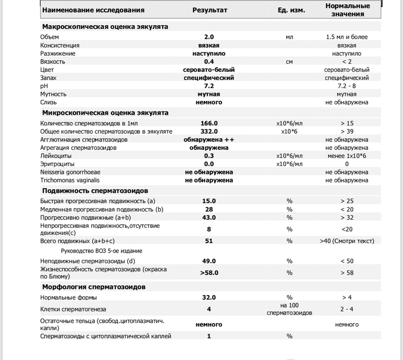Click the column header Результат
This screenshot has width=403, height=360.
(x=209, y=10)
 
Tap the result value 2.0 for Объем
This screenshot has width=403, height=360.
(x=209, y=37)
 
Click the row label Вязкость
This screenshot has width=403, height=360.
(x=53, y=61)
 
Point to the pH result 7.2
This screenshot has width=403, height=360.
(x=209, y=86)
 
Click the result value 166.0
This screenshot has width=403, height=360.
(x=209, y=124)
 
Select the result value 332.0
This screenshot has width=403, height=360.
(x=209, y=132)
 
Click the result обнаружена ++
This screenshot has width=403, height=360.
(x=209, y=140)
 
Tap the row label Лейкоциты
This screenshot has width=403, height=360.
(x=54, y=156)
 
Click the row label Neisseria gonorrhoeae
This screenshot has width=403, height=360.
(x=70, y=172)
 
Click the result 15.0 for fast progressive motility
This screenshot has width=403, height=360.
(x=209, y=201)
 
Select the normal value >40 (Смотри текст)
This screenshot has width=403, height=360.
(x=346, y=241)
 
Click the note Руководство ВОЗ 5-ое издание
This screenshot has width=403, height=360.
(x=101, y=251)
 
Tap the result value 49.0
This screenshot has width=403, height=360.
(x=209, y=261)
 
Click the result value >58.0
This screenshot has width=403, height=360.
(x=209, y=272)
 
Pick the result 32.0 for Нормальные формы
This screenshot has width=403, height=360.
(x=209, y=298)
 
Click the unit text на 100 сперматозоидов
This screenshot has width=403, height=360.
(x=289, y=309)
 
